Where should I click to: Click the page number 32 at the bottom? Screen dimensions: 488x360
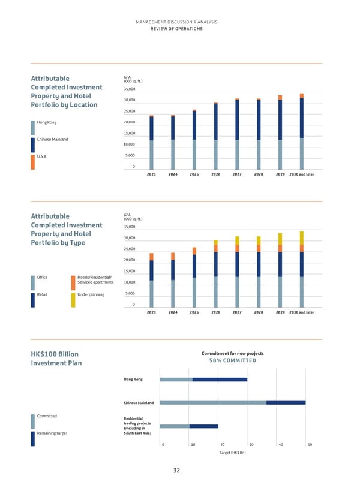click(x=176, y=471)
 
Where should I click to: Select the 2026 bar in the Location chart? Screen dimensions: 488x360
click(x=215, y=135)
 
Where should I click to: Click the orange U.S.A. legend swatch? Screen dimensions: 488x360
click(x=32, y=162)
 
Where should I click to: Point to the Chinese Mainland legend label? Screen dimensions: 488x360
click(x=52, y=140)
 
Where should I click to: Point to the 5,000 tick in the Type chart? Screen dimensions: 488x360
click(x=130, y=294)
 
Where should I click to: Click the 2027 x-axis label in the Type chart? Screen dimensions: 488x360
click(x=237, y=312)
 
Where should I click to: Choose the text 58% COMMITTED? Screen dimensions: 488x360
click(x=232, y=360)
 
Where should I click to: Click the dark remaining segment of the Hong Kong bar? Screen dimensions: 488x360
click(x=220, y=379)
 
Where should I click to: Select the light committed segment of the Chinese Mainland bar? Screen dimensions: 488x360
click(x=213, y=403)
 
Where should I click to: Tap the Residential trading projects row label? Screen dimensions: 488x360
click(x=137, y=425)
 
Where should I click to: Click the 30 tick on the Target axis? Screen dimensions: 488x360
click(x=251, y=445)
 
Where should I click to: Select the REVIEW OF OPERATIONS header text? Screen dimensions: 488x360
click(x=176, y=29)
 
